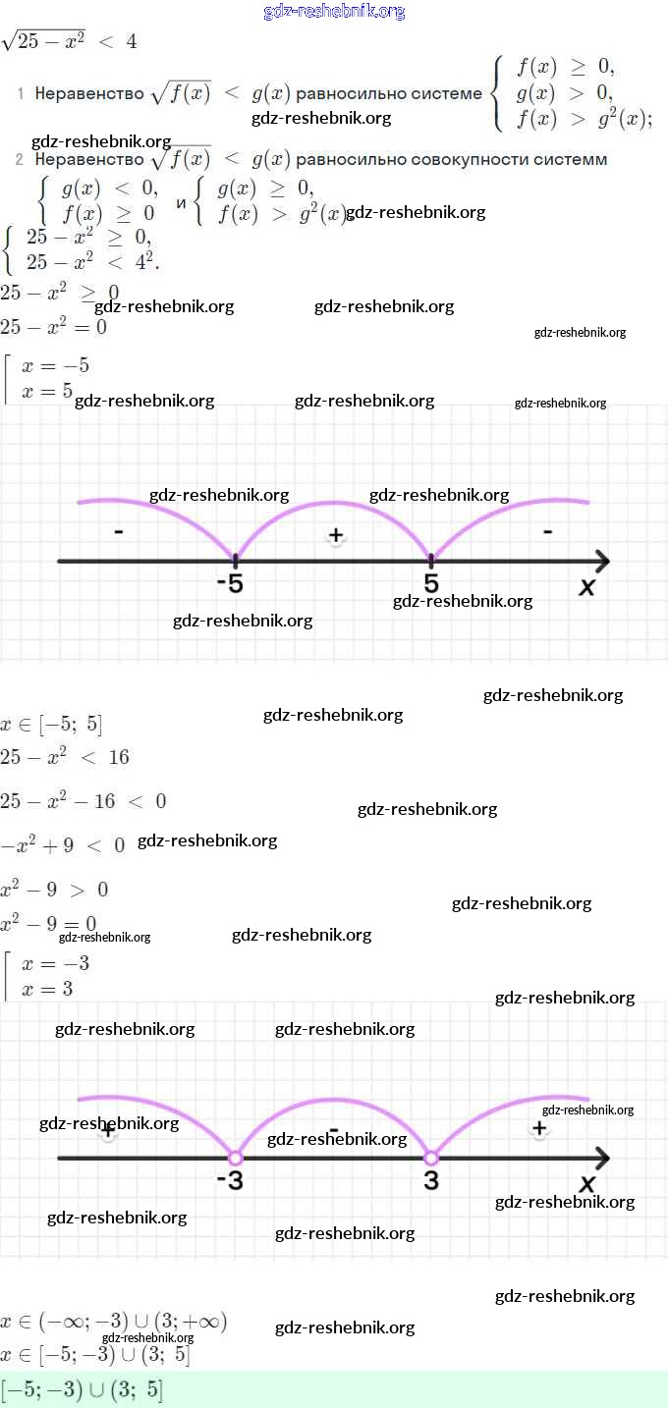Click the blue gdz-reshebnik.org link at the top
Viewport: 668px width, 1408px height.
(334, 12)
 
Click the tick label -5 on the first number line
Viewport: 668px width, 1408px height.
(230, 584)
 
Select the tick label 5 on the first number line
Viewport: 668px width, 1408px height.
(431, 583)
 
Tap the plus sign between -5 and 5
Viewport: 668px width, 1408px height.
(336, 535)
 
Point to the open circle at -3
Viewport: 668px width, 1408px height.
(235, 1158)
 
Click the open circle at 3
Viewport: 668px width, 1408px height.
(430, 1158)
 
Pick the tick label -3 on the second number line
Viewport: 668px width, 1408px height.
(230, 1181)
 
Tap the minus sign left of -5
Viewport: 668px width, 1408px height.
(118, 532)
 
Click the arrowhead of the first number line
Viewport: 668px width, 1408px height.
(601, 562)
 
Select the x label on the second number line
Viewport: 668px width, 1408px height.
(587, 1184)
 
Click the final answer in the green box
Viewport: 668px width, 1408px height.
(83, 1390)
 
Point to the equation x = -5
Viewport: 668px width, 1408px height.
(56, 365)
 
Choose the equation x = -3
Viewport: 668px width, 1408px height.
(56, 964)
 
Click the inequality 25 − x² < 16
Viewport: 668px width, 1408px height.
(65, 757)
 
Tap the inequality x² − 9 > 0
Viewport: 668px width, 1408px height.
(54, 890)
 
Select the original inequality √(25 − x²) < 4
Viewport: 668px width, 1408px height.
(70, 41)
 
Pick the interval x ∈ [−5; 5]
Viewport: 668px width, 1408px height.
(51, 726)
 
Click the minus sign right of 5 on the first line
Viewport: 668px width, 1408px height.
(547, 532)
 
